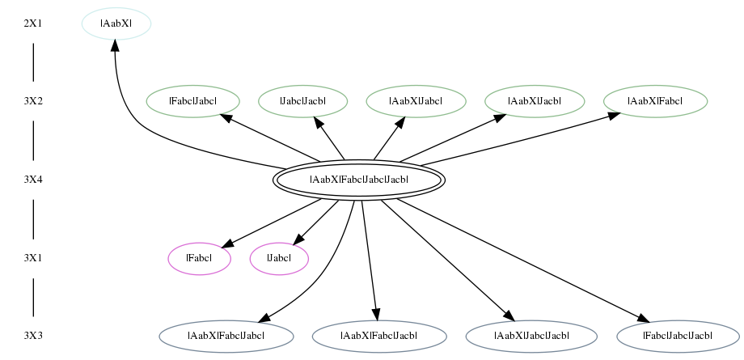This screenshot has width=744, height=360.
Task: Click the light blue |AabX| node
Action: point(116,23)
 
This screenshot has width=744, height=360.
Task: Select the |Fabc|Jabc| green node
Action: point(192,101)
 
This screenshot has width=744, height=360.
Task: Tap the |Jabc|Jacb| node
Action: point(302,101)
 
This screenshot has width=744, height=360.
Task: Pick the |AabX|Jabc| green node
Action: point(416,101)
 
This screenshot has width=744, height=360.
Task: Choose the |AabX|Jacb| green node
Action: point(535,101)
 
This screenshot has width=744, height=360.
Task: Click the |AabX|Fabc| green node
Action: point(655,101)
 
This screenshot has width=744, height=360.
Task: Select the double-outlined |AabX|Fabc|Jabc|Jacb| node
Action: point(359,180)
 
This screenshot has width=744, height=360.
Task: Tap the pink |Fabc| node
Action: point(199,258)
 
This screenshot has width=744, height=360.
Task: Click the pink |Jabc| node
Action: point(279,258)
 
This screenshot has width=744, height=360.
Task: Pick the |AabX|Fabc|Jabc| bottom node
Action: point(226,337)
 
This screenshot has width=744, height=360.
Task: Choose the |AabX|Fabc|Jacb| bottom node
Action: point(379,337)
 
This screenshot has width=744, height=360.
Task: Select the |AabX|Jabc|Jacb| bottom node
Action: point(531,337)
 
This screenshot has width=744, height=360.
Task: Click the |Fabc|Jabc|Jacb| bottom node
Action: point(678,337)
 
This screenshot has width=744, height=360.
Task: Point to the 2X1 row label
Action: point(32,23)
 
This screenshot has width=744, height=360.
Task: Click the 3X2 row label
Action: point(32,101)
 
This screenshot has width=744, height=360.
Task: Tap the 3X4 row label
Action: point(32,180)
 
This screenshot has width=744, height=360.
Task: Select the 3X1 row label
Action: point(32,258)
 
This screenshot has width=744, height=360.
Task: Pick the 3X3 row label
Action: point(32,336)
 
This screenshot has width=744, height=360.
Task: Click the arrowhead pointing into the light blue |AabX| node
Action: point(115,45)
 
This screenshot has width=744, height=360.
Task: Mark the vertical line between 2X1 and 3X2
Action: point(33,62)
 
